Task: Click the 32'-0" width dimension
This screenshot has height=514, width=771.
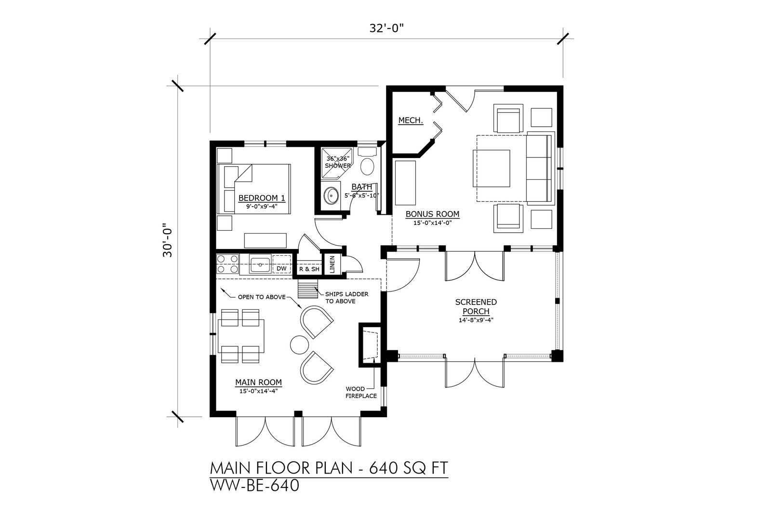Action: pyautogui.click(x=386, y=28)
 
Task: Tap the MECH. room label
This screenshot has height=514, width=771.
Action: pyautogui.click(x=411, y=120)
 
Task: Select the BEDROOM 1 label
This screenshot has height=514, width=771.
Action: pyautogui.click(x=262, y=198)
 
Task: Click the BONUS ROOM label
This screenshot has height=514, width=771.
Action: pyautogui.click(x=432, y=214)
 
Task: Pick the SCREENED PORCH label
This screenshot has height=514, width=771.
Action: pyautogui.click(x=476, y=306)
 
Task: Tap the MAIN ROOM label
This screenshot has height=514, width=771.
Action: pyautogui.click(x=258, y=382)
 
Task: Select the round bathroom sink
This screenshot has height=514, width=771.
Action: pyautogui.click(x=331, y=196)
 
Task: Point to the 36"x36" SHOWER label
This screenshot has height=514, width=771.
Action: pyautogui.click(x=338, y=162)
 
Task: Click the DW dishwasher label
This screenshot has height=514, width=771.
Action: pyautogui.click(x=281, y=268)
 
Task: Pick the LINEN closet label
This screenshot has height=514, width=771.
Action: pyautogui.click(x=332, y=264)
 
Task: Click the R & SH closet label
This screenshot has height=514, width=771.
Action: pyautogui.click(x=309, y=269)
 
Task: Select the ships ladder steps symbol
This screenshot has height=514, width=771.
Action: pyautogui.click(x=308, y=289)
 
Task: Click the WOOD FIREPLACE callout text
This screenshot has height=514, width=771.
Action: pyautogui.click(x=361, y=393)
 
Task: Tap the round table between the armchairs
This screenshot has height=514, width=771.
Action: pyautogui.click(x=299, y=344)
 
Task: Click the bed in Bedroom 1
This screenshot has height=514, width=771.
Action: pyautogui.click(x=254, y=189)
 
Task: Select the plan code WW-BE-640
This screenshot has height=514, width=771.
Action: pyautogui.click(x=255, y=486)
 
